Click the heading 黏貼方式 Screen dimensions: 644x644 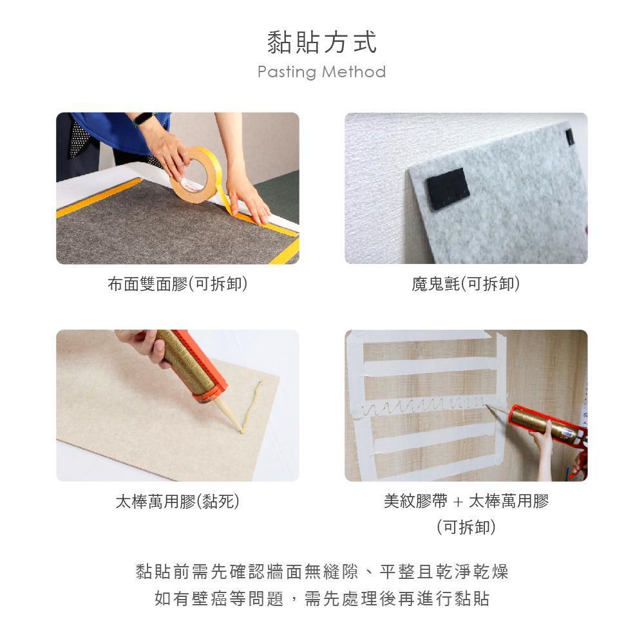click(322, 42)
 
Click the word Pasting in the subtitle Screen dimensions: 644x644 click(287, 72)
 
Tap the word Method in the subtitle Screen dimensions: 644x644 click(354, 72)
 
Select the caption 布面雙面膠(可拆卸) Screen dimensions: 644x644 click(178, 284)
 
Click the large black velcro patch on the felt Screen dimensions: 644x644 click(448, 189)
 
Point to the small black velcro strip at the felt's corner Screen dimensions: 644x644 click(570, 137)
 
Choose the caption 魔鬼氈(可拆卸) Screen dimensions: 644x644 click(466, 284)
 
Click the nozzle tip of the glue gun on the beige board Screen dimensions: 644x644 click(242, 430)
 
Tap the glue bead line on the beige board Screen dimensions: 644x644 click(251, 406)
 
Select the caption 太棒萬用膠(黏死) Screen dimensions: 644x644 click(178, 502)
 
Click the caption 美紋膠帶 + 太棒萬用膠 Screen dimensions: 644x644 click(466, 501)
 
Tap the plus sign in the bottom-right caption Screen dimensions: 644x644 click(458, 502)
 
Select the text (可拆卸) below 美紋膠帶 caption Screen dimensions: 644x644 click(466, 527)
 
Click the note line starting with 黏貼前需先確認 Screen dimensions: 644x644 click(322, 571)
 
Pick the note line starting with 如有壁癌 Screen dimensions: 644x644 click(322, 598)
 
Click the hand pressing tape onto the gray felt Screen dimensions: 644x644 click(248, 201)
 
